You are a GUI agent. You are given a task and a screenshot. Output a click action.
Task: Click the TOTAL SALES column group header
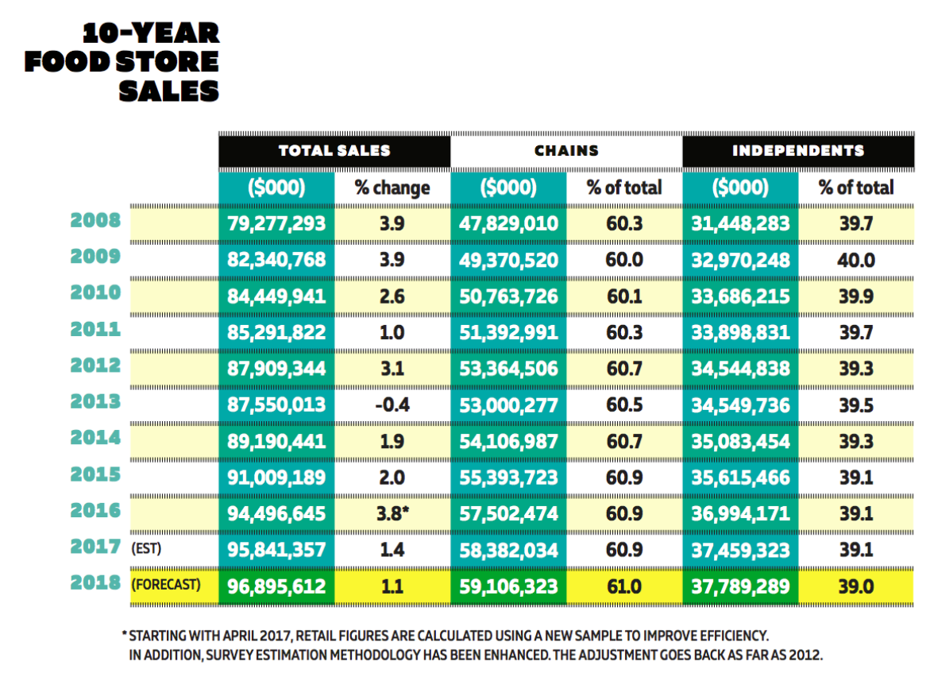pos(334,151)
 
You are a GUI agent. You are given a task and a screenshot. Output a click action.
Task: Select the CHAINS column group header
pos(566,151)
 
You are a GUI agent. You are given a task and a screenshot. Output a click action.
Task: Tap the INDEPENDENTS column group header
pos(798,151)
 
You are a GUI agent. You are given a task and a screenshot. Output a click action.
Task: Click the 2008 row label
pos(95,220)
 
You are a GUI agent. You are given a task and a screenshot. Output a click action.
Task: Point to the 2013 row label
pos(95,402)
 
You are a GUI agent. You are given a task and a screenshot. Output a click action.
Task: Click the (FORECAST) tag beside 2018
pos(166,585)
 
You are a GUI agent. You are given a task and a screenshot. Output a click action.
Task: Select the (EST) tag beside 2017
pos(146,548)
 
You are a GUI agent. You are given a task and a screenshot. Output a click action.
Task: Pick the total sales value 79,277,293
pos(276,224)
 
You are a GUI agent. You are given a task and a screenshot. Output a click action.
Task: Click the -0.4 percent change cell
pos(392,405)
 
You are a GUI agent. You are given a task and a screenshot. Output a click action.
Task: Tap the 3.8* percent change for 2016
pos(392,513)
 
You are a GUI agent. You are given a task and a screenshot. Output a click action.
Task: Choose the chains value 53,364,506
pos(508,369)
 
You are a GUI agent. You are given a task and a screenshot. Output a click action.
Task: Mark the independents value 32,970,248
pos(740,260)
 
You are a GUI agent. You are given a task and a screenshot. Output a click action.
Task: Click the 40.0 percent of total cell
pos(856,260)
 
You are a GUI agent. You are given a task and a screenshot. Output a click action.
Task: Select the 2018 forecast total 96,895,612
pos(276,587)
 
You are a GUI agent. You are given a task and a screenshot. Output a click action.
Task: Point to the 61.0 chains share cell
pos(624,587)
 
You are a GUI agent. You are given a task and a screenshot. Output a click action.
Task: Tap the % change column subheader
pos(392,188)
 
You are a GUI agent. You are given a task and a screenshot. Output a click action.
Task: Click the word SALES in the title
pos(169,91)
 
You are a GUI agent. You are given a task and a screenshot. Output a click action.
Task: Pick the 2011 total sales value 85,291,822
pos(276,332)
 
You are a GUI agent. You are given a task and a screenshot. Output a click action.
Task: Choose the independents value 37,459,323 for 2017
pos(740,550)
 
